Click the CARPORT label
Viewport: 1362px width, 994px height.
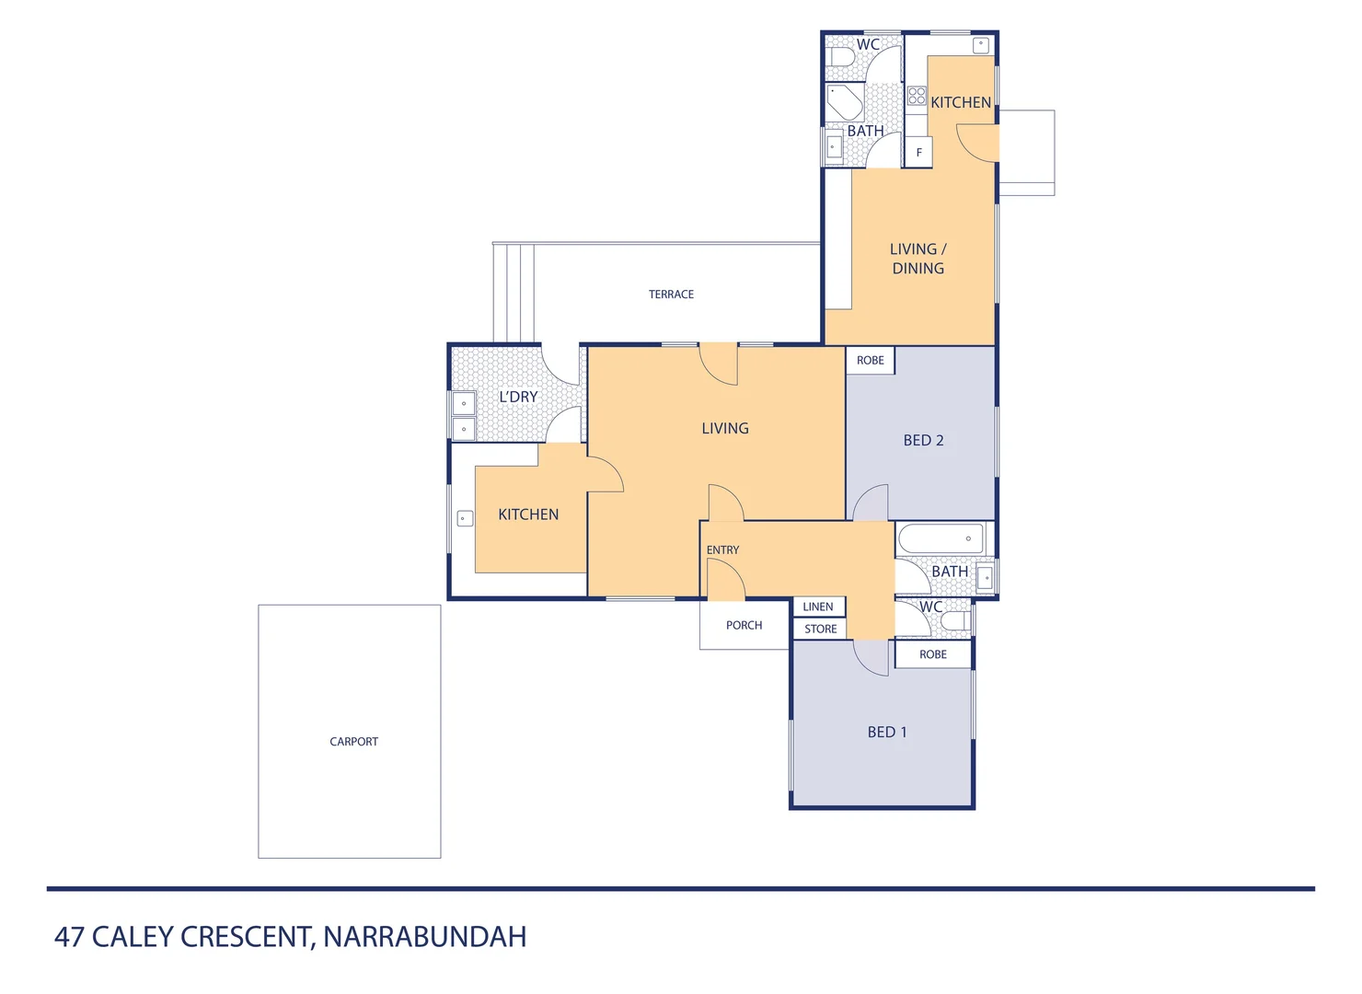pos(353,741)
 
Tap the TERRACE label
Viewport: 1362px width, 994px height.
pos(671,295)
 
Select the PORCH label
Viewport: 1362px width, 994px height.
pos(744,625)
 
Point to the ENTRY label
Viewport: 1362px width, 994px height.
pos(722,549)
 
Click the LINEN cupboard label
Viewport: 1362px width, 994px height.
pos(817,607)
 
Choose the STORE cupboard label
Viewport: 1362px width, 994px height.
pos(820,630)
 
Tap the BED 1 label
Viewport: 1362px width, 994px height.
pos(887,732)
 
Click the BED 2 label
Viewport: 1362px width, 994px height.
pos(923,440)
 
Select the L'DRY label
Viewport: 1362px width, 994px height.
pos(518,397)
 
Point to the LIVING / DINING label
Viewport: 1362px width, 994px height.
pos(918,259)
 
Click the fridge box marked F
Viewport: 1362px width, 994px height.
pos(918,153)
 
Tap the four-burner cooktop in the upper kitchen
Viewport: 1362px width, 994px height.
pos(917,96)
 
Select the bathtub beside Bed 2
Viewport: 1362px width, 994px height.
pos(941,538)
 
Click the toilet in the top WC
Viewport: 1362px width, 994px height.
pos(842,57)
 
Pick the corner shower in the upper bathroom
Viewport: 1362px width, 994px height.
pos(843,101)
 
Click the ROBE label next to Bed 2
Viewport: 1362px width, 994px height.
pos(870,360)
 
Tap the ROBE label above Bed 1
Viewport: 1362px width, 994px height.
pos(932,654)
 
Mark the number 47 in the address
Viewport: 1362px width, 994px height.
pos(70,936)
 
